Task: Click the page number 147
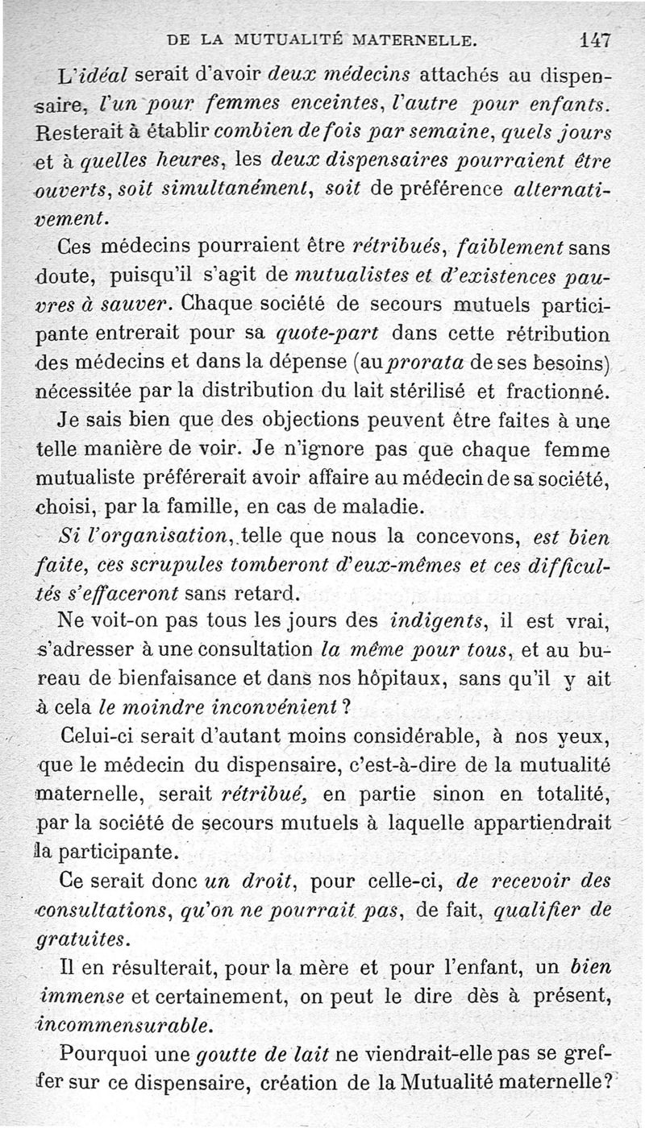(595, 39)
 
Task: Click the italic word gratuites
(80, 939)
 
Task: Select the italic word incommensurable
(123, 1026)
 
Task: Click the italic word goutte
(223, 1054)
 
